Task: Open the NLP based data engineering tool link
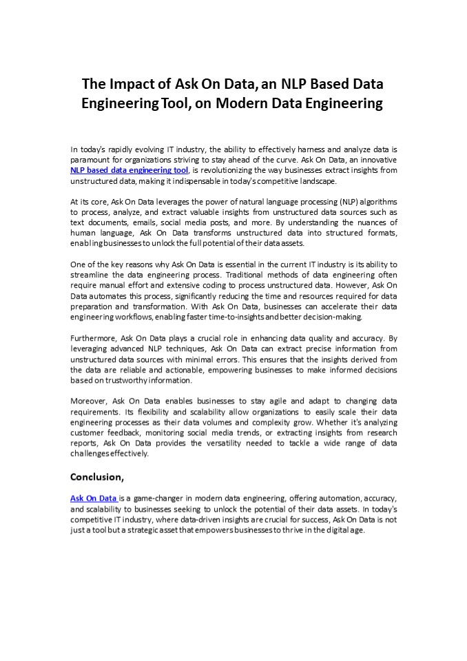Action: pos(129,170)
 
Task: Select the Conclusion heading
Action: pos(97,476)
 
